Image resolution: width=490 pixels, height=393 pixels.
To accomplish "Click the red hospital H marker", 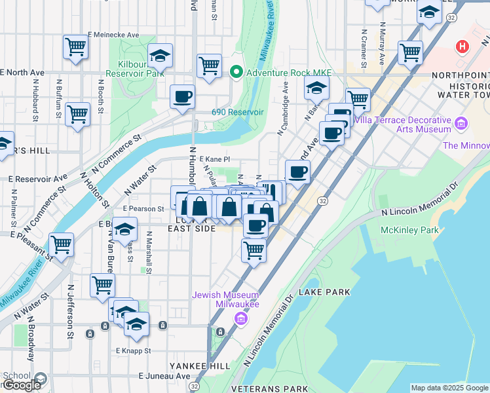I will (x=463, y=47).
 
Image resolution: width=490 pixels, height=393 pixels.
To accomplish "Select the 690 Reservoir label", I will (x=237, y=112).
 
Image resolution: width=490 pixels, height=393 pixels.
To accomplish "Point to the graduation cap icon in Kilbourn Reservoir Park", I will (x=159, y=57).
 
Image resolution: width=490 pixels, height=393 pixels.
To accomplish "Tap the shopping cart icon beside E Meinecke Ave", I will (x=75, y=47).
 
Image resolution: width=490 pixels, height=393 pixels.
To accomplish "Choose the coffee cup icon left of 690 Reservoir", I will (x=182, y=96).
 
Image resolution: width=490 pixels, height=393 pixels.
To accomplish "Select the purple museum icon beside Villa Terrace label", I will (x=461, y=122).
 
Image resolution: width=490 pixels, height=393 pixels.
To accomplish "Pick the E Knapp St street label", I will (x=134, y=351).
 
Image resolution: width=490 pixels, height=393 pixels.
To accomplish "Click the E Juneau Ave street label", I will (x=164, y=376).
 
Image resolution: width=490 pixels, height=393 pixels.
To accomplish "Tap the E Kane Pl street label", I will (x=215, y=159).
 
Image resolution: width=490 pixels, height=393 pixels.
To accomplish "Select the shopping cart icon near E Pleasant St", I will (x=61, y=245).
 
